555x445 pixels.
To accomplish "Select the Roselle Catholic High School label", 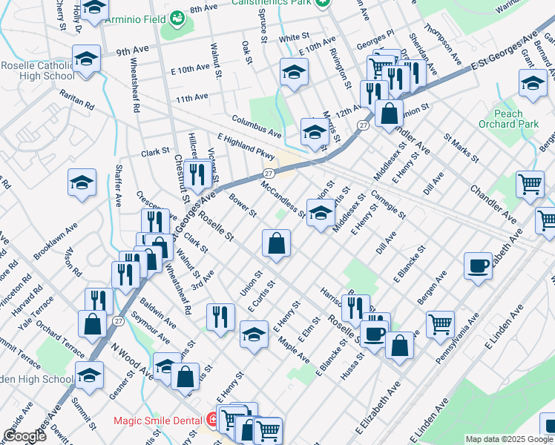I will [37, 70].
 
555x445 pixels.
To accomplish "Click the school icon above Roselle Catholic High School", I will [86, 59].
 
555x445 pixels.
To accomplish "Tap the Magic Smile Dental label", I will [157, 421].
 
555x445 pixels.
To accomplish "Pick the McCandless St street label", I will [282, 199].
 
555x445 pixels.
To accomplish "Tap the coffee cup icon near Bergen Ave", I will [478, 265].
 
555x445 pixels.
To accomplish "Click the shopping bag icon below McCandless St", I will [276, 242].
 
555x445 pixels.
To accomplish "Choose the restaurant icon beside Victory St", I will [197, 174].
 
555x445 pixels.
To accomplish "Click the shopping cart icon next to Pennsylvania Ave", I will [440, 323].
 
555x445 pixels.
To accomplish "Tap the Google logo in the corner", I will [24, 436].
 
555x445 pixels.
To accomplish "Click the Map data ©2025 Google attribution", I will [509, 439].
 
